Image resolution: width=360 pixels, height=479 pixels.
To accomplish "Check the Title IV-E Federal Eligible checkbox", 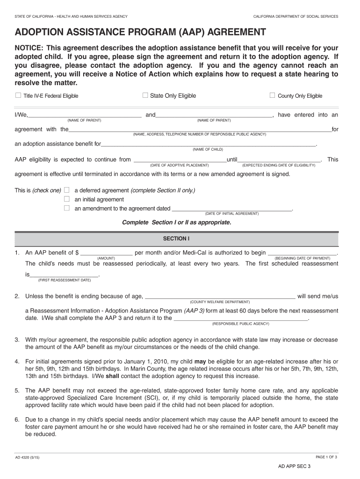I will [18, 95].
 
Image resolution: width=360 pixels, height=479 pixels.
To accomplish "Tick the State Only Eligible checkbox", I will [145, 95].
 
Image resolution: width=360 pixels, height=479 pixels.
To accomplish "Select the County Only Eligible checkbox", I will [272, 95].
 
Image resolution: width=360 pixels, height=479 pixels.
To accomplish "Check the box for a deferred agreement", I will [66, 190].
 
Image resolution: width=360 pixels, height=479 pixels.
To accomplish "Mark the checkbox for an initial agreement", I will [66, 199].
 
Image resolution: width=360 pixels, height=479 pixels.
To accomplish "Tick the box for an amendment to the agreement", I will [66, 208].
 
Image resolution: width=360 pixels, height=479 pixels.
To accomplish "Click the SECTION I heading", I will [176, 239].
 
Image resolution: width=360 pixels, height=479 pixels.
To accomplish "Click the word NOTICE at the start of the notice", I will [29, 49].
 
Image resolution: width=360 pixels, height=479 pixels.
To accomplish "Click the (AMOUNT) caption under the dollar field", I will [106, 258].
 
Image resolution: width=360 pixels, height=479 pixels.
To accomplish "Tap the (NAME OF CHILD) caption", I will [208, 150].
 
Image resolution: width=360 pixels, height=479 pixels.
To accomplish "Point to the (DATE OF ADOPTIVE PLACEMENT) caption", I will [179, 166].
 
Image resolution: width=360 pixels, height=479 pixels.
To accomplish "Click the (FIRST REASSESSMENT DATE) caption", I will [65, 280].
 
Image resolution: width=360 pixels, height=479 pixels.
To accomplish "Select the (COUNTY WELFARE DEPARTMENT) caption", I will [220, 302].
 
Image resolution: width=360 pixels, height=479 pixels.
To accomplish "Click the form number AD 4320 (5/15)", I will [27, 457].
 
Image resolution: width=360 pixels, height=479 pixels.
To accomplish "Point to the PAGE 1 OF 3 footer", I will [326, 457].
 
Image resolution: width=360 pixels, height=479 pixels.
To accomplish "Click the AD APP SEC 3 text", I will [295, 466].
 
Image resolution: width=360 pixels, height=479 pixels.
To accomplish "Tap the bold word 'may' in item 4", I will [200, 362].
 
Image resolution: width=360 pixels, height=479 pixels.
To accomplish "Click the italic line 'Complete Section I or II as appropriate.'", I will [177, 222].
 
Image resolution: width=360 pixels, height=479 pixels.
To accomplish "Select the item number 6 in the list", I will [16, 420].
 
